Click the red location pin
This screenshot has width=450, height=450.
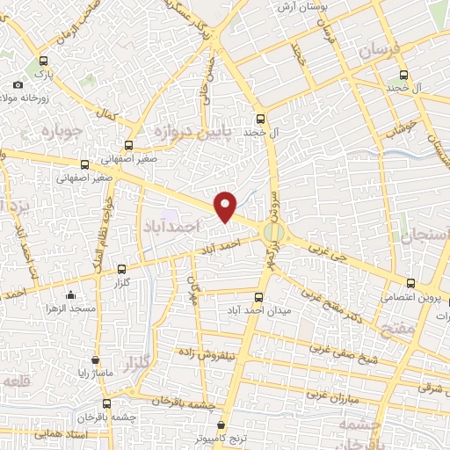pyautogui.click(x=226, y=206)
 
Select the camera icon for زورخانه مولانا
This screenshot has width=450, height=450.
pyautogui.click(x=18, y=84)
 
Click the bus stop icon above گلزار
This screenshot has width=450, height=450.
pyautogui.click(x=121, y=270)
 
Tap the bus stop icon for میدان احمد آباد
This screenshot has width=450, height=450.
pyautogui.click(x=258, y=297)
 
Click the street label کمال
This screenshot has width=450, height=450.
pyautogui.click(x=108, y=114)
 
